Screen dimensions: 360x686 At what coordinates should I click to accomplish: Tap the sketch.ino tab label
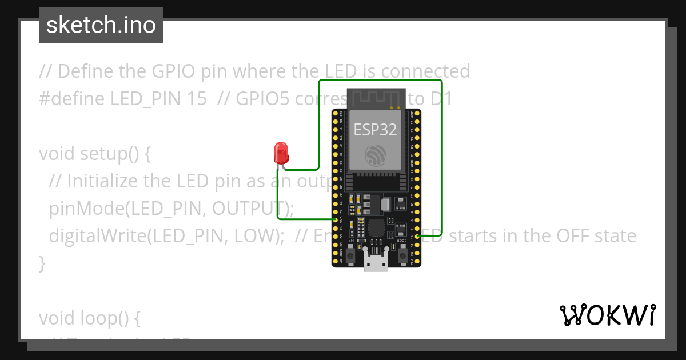pyautogui.click(x=101, y=25)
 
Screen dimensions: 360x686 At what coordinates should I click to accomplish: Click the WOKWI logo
pyautogui.click(x=607, y=315)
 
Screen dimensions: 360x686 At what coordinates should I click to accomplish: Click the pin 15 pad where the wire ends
pyautogui.click(x=418, y=236)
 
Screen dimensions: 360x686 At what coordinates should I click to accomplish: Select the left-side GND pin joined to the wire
pyautogui.click(x=336, y=219)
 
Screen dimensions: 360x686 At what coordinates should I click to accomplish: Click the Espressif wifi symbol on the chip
pyautogui.click(x=376, y=154)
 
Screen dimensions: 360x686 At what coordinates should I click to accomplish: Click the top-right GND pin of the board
pyautogui.click(x=418, y=114)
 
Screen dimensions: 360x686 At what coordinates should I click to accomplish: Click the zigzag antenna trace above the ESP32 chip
pyautogui.click(x=377, y=97)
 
